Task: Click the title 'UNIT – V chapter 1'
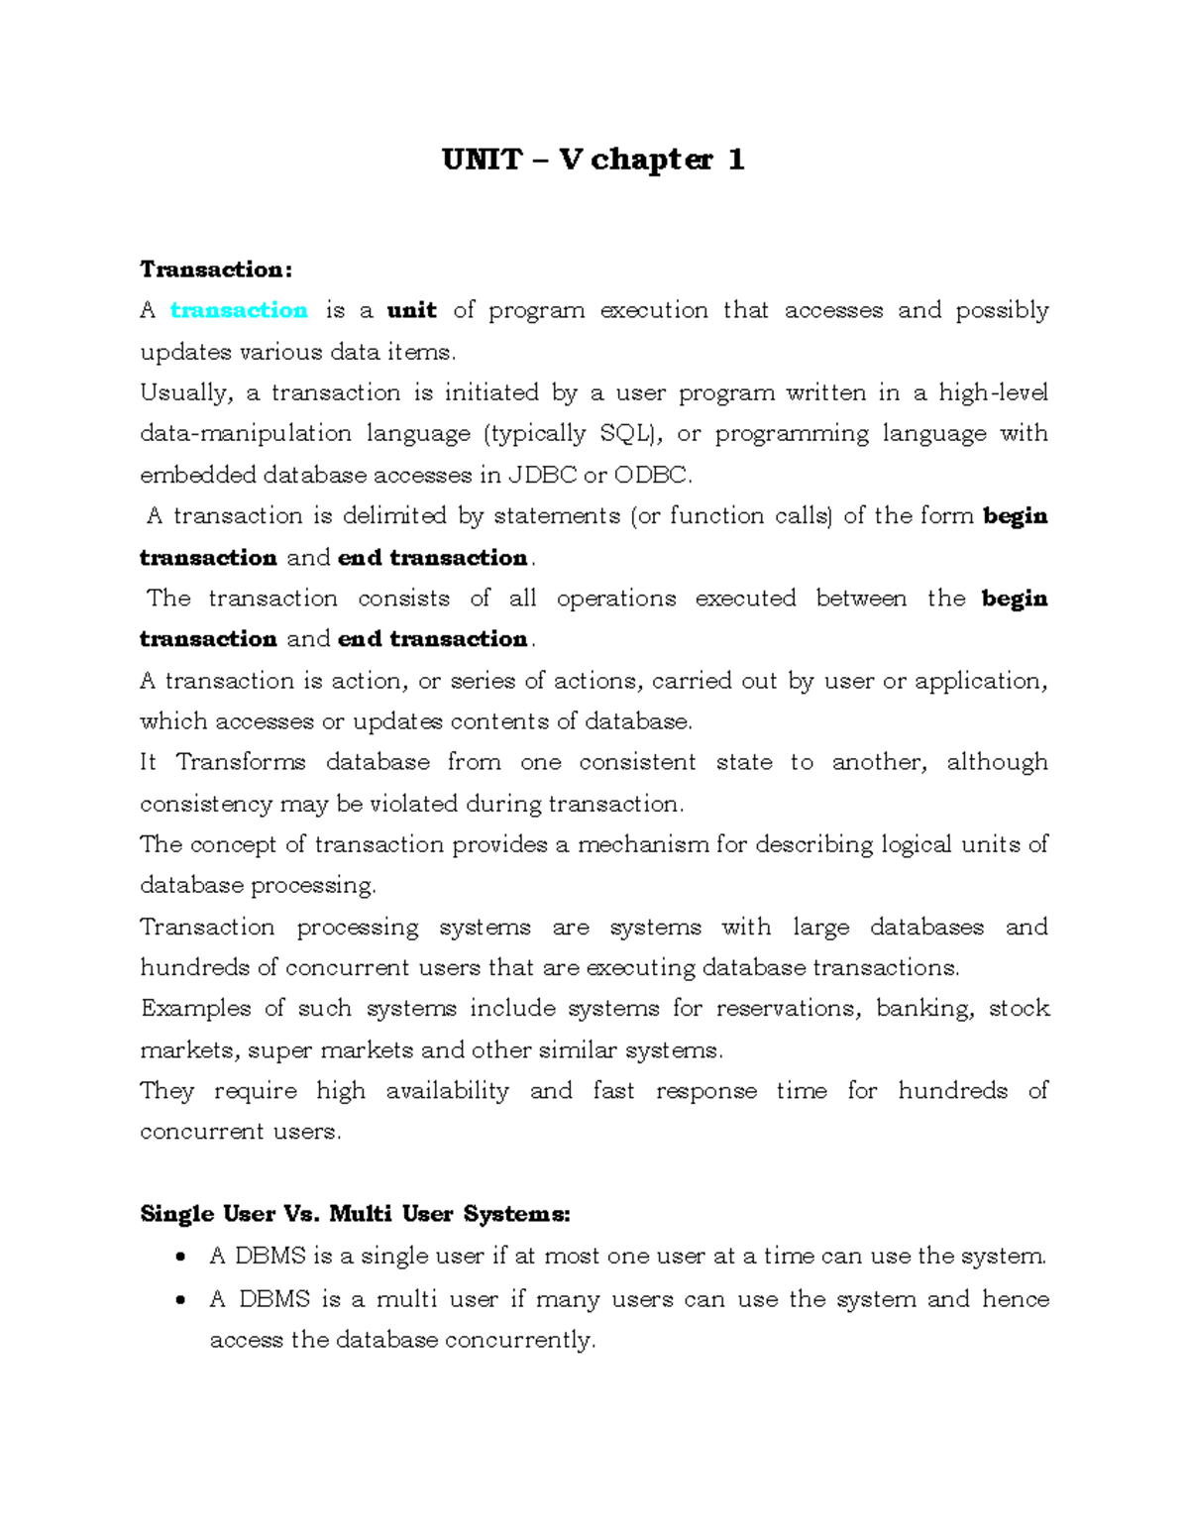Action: click(593, 160)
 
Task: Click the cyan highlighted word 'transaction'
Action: click(239, 310)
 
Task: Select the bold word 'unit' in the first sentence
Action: click(411, 310)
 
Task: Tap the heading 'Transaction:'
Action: click(216, 270)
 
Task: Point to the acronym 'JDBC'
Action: click(542, 475)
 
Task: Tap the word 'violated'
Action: click(414, 804)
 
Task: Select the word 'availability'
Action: click(447, 1091)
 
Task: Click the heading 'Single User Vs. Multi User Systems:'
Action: click(355, 1214)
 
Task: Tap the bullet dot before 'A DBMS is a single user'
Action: click(179, 1258)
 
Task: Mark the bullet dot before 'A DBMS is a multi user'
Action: click(179, 1300)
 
